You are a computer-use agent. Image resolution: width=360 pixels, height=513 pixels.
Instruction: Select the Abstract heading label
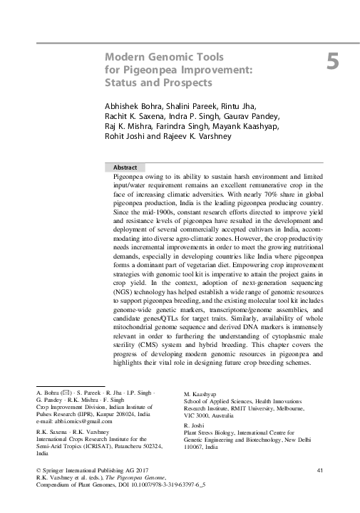click(x=125, y=166)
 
